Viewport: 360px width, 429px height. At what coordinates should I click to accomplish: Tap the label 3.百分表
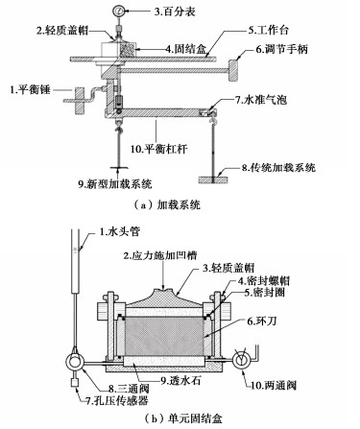175,12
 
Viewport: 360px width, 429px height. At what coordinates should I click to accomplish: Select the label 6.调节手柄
281,49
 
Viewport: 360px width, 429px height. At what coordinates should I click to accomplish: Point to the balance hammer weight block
80,100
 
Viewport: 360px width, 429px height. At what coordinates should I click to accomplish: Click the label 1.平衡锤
30,89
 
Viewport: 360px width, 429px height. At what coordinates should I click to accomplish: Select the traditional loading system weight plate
213,180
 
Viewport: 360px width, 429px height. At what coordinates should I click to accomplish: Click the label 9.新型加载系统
115,184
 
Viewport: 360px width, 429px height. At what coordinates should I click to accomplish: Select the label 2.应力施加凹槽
160,255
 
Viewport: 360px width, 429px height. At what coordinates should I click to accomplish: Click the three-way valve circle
75,362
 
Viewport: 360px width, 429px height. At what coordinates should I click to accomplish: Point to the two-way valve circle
241,360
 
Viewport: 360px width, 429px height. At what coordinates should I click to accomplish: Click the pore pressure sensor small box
75,382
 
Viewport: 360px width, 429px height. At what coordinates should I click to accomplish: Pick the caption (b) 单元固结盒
182,418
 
